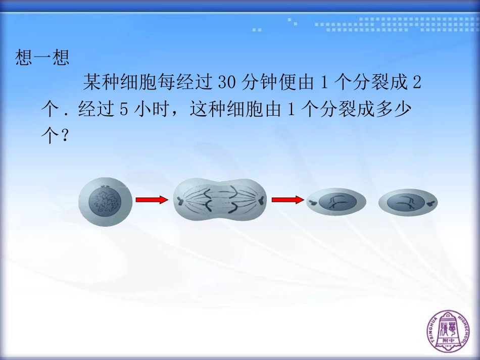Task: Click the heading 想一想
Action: tap(42, 58)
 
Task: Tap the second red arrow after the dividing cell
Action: tap(285, 200)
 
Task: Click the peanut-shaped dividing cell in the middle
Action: tap(220, 201)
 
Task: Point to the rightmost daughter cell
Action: tap(408, 202)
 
